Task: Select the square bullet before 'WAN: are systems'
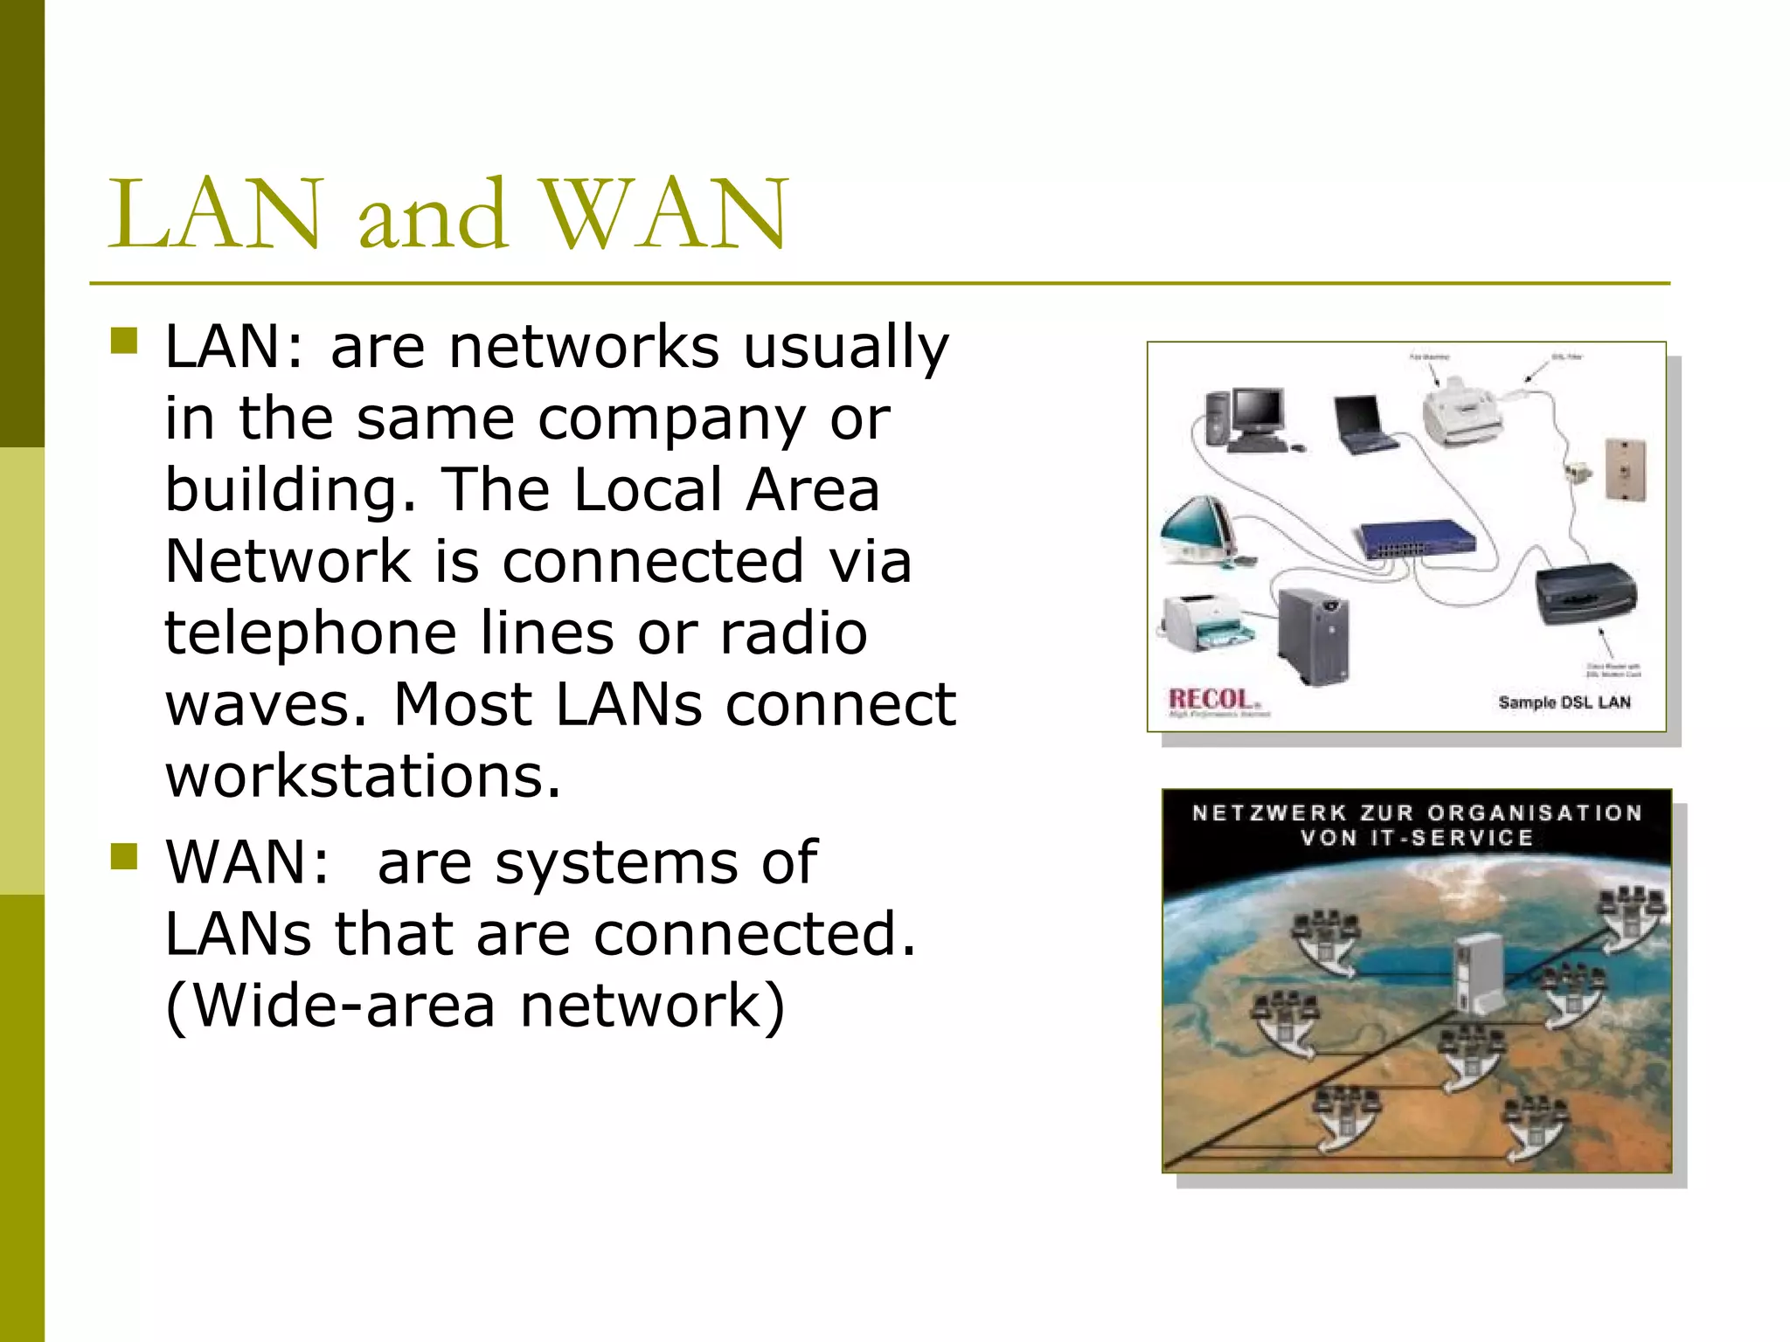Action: coord(125,856)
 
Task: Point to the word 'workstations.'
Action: coord(363,776)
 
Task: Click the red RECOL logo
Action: coord(1212,700)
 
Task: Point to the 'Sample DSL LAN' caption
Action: coord(1564,702)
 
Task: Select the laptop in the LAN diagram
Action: coord(1363,425)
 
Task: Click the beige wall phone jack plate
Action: coord(1626,470)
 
